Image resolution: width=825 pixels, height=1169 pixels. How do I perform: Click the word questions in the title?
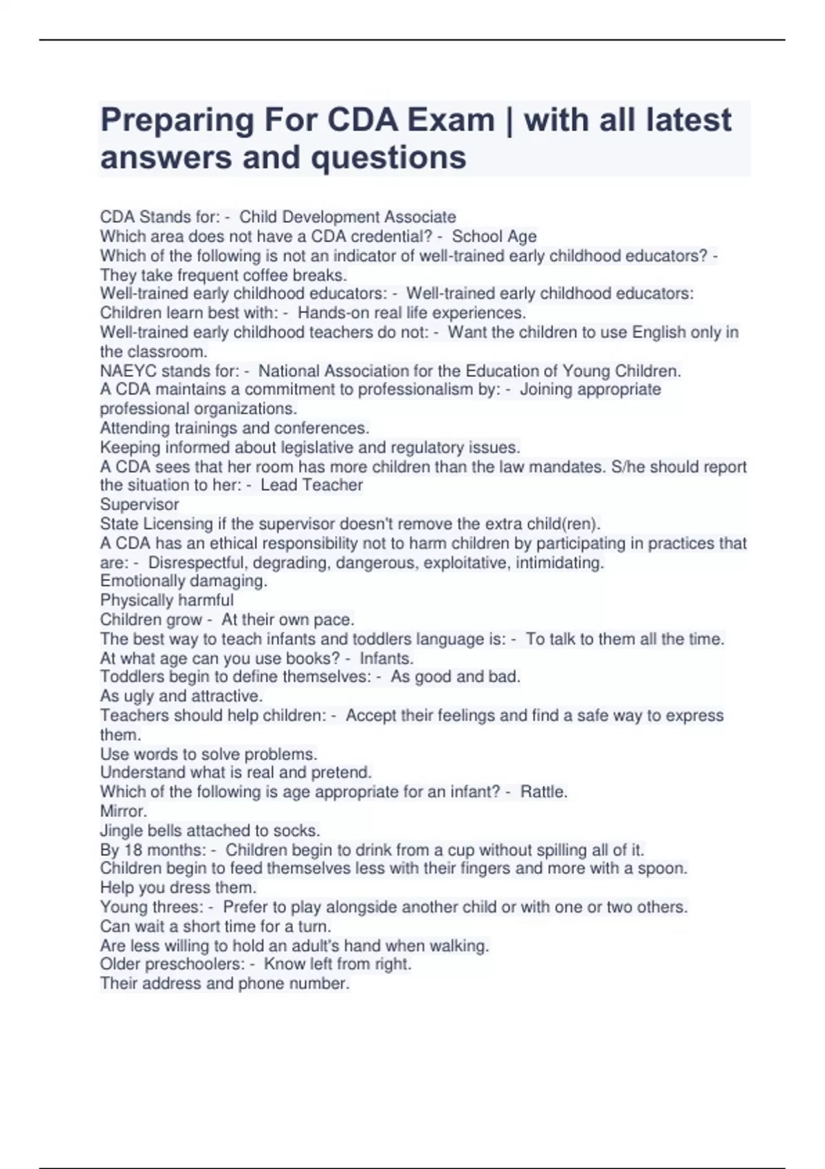point(389,157)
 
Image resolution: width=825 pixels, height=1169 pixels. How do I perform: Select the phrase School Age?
point(494,237)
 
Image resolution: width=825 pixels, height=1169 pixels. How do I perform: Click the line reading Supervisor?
point(140,504)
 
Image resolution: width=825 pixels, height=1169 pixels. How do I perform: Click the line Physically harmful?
point(167,600)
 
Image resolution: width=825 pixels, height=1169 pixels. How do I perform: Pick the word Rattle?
point(543,791)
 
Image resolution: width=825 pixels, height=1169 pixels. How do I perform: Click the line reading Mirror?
point(124,811)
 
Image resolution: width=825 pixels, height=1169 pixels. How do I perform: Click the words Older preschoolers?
point(172,964)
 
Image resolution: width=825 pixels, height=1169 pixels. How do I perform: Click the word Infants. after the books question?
point(386,658)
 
